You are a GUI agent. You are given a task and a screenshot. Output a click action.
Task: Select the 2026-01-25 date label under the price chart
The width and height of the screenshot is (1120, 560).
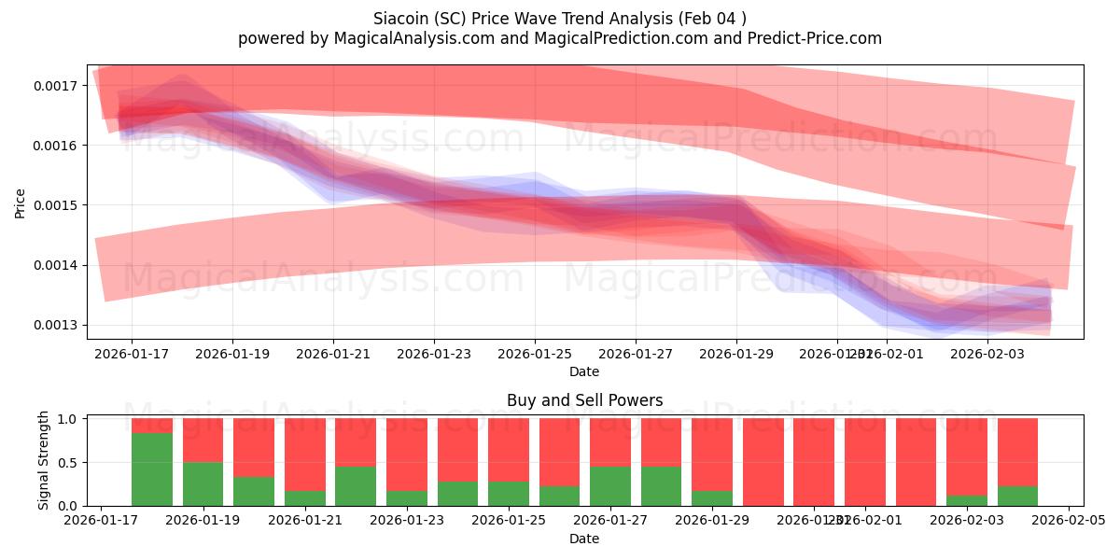(535, 355)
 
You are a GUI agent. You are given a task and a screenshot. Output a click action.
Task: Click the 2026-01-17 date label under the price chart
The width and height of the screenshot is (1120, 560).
(132, 355)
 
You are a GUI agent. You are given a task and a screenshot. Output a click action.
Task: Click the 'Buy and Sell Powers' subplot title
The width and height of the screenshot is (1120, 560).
(584, 400)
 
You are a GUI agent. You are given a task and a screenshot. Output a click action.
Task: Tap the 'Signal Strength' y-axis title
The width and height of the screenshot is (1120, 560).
(43, 461)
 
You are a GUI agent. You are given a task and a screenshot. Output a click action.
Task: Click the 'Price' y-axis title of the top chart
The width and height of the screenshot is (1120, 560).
(21, 203)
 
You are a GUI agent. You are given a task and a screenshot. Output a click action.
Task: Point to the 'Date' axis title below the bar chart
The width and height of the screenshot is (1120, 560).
(584, 539)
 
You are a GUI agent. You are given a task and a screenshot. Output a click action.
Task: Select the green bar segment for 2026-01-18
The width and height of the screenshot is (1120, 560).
(152, 469)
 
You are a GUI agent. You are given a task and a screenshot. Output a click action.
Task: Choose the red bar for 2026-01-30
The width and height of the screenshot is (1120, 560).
(763, 462)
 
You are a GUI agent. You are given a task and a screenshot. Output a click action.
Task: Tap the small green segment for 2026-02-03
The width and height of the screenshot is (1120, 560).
(966, 500)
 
